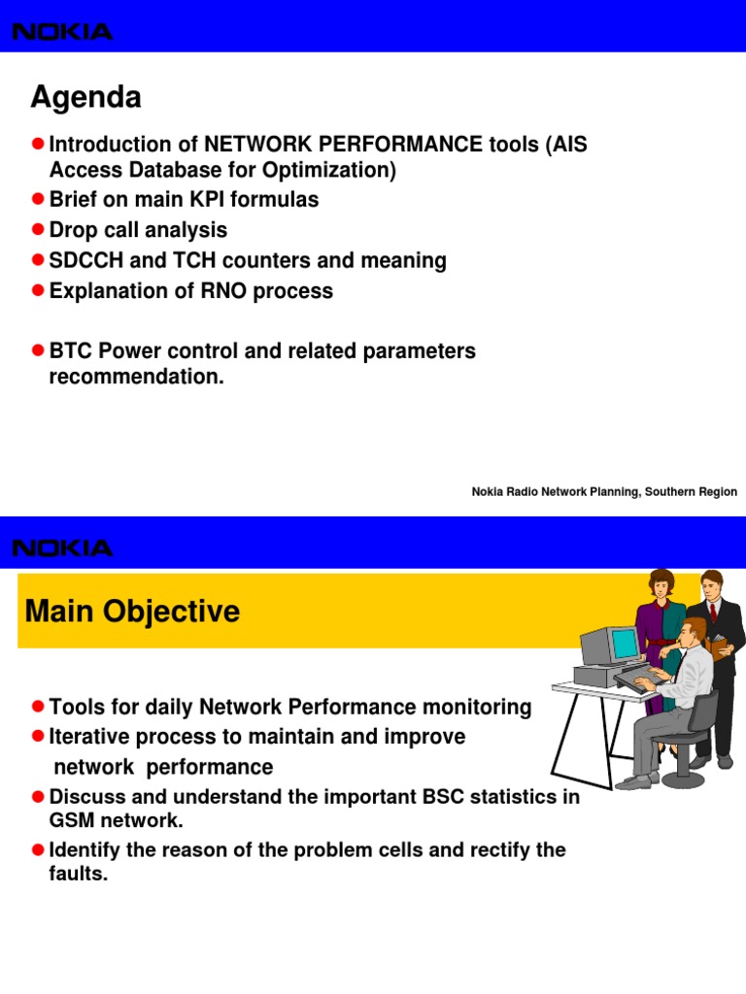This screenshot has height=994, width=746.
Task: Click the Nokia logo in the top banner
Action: [x=62, y=32]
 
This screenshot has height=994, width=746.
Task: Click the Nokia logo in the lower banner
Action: [x=62, y=548]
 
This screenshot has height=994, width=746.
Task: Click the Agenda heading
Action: [x=85, y=97]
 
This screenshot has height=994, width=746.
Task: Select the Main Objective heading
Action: [x=132, y=612]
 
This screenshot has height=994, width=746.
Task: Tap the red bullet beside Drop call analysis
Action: [x=38, y=230]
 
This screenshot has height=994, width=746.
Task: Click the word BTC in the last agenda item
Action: [x=71, y=351]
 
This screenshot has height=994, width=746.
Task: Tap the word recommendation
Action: [x=136, y=378]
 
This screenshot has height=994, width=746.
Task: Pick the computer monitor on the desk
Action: [x=608, y=645]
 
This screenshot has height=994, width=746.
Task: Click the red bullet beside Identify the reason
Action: [x=38, y=850]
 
